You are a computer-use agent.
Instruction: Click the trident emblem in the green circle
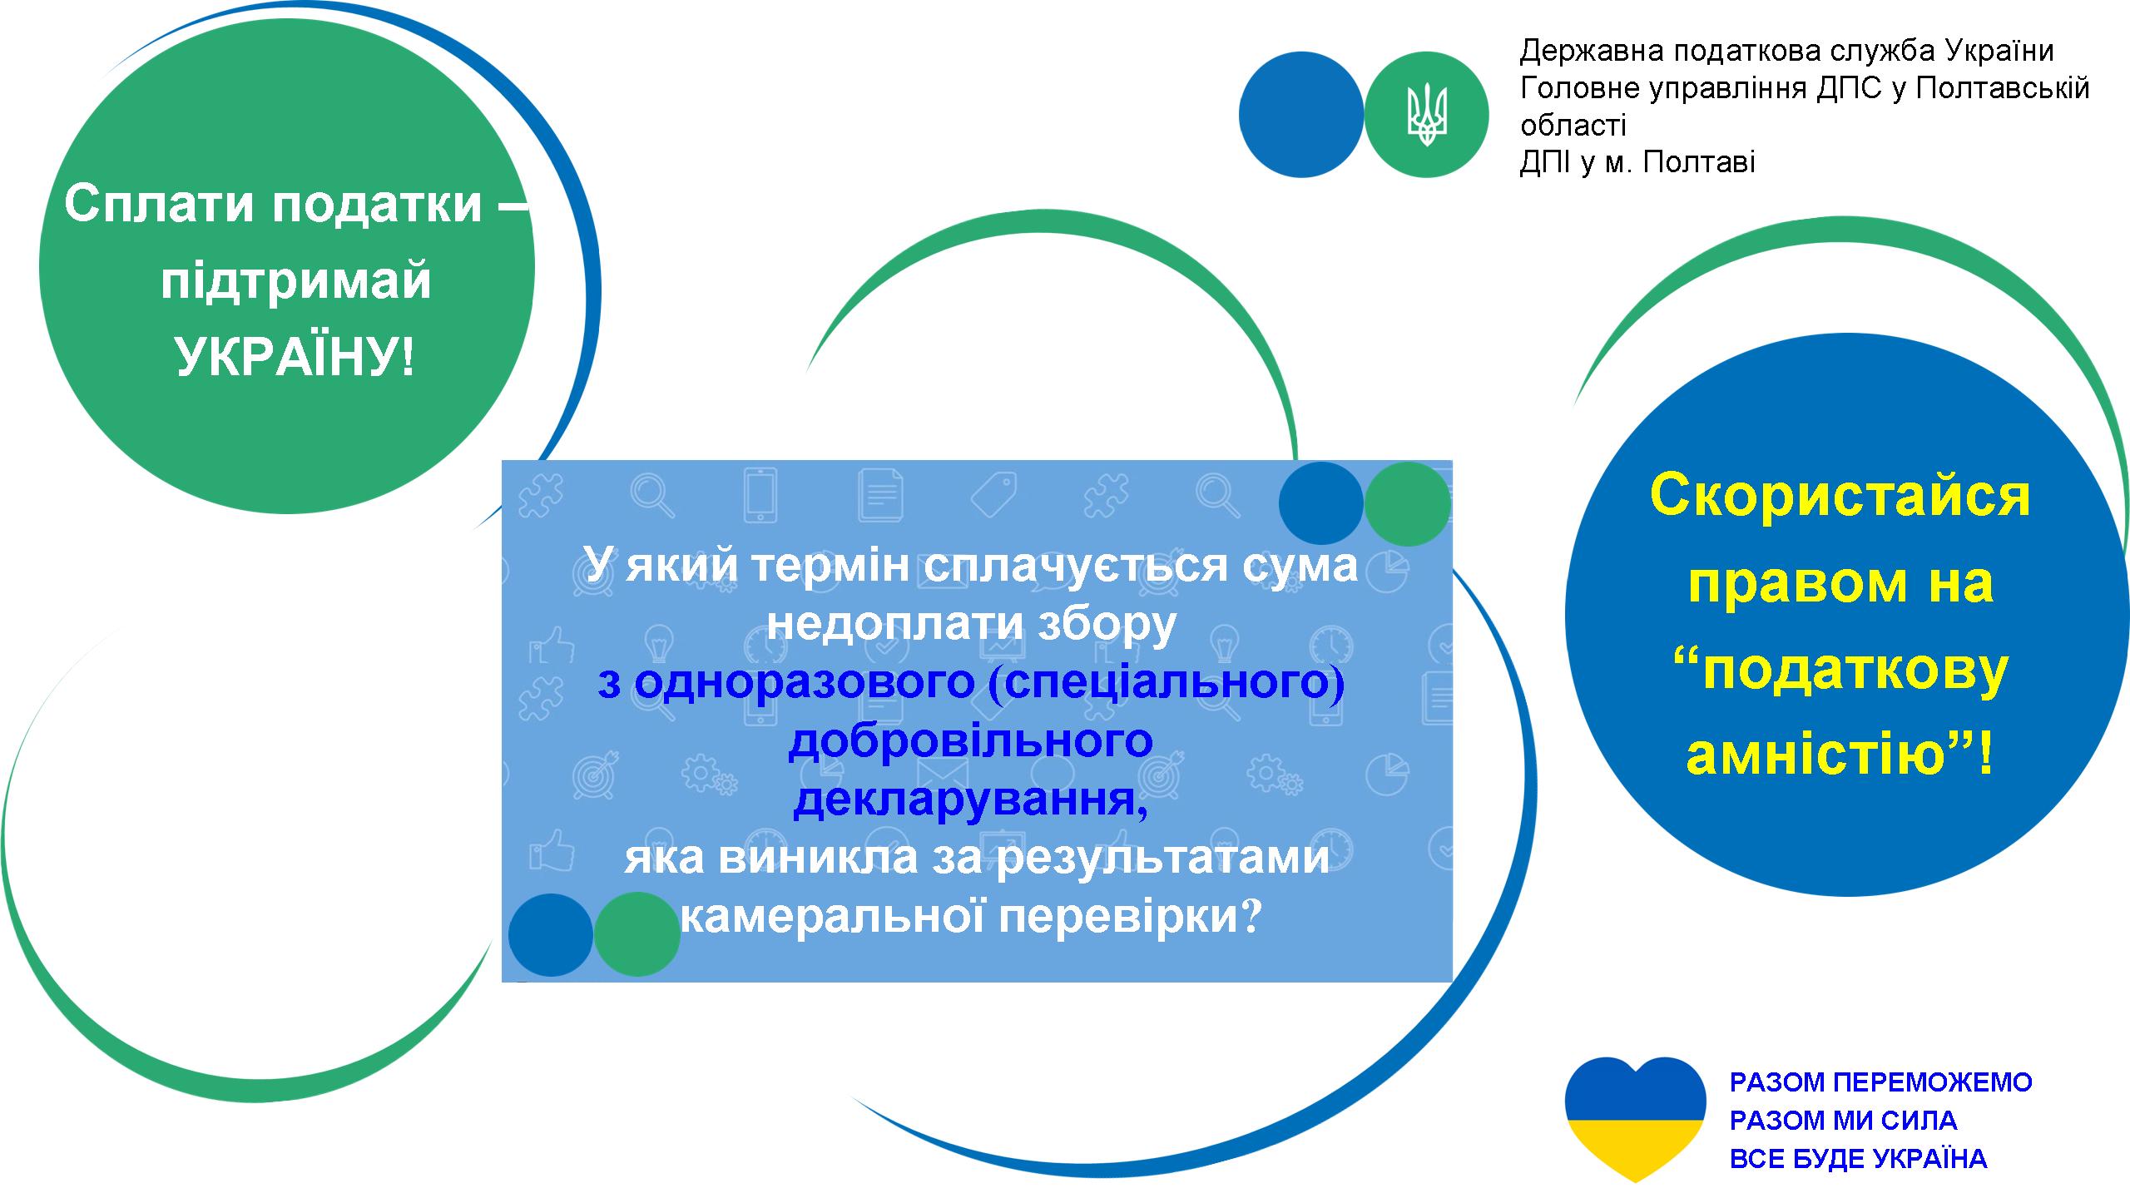(1427, 115)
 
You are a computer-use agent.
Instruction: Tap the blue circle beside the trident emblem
(1301, 115)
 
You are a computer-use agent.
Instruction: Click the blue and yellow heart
(1635, 1120)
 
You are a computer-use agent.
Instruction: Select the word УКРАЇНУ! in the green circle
(295, 358)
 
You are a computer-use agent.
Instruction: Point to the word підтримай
(296, 283)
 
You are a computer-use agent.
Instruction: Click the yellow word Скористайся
(1840, 496)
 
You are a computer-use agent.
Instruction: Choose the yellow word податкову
(1855, 671)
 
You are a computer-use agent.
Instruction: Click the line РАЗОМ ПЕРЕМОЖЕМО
(1881, 1082)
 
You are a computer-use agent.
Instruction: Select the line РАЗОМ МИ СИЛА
(1844, 1121)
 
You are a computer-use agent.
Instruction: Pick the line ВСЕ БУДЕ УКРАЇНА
(1859, 1159)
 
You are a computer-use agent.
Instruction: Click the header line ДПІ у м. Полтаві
(1637, 161)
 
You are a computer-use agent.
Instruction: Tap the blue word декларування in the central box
(971, 799)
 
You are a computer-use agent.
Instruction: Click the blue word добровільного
(971, 740)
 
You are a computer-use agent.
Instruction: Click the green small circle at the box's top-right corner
(1408, 504)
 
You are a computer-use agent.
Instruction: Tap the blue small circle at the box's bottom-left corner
(551, 934)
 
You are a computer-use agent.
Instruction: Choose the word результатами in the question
(1162, 859)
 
